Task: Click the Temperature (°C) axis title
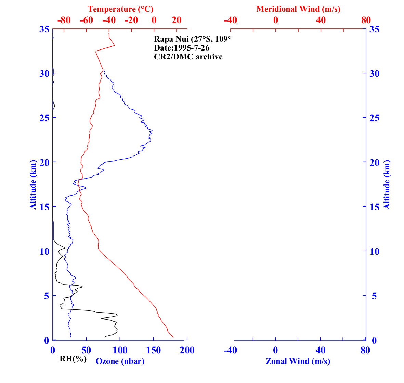pos(120,9)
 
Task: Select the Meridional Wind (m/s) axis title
pos(298,9)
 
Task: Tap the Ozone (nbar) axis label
pos(120,361)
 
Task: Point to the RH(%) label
pos(73,359)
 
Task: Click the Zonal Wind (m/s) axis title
pos(298,361)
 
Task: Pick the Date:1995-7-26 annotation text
pos(182,48)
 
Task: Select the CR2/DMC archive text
pos(188,57)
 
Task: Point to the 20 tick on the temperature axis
pos(177,20)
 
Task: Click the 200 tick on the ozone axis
pos(187,350)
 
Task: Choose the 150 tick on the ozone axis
pos(154,350)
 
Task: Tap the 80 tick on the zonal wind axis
pos(365,350)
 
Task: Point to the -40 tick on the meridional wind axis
pos(231,20)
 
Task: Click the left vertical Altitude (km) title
pos(33,184)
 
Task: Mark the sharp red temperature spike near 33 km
pos(114,45)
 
